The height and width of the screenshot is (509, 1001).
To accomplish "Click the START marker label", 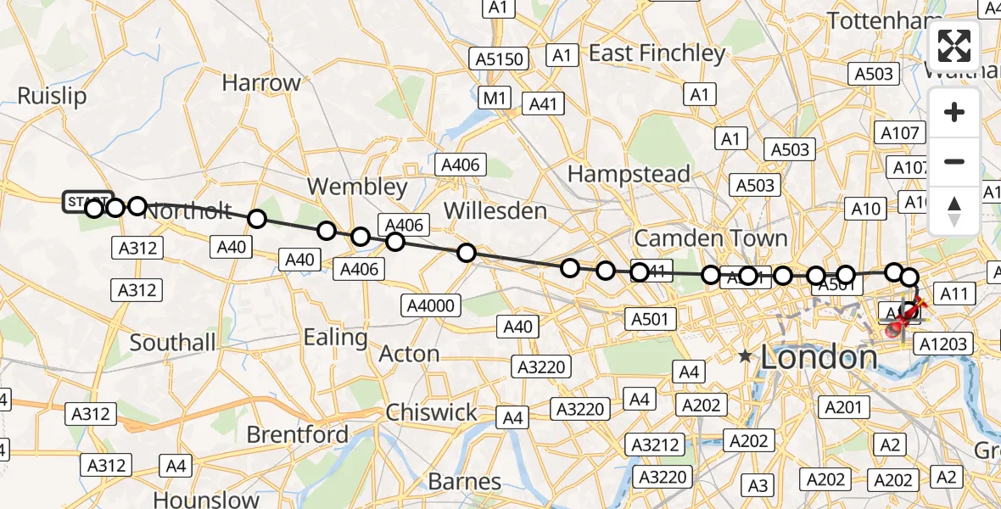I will point(85,202).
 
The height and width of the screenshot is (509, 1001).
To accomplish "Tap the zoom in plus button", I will point(954,113).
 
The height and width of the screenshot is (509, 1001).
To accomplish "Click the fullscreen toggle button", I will point(954,46).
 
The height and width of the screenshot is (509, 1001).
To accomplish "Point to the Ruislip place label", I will point(52,96).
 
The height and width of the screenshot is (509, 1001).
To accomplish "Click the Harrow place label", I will point(261,83).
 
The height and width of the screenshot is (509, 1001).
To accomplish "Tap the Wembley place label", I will point(357,187).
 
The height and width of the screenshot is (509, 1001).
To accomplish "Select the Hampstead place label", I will point(629,174).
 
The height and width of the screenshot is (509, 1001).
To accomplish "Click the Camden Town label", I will point(711,238).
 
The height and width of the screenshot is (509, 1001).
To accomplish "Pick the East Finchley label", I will point(657,53).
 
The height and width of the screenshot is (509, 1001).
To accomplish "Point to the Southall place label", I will point(172,343).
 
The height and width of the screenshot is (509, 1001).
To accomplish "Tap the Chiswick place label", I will point(431,413).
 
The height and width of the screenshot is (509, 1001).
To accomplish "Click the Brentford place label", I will point(297,434).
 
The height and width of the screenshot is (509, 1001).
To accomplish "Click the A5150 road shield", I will point(500,59).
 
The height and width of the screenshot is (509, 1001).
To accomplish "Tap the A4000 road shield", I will point(432,305).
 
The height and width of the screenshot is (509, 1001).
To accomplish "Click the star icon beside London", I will point(746,356).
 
